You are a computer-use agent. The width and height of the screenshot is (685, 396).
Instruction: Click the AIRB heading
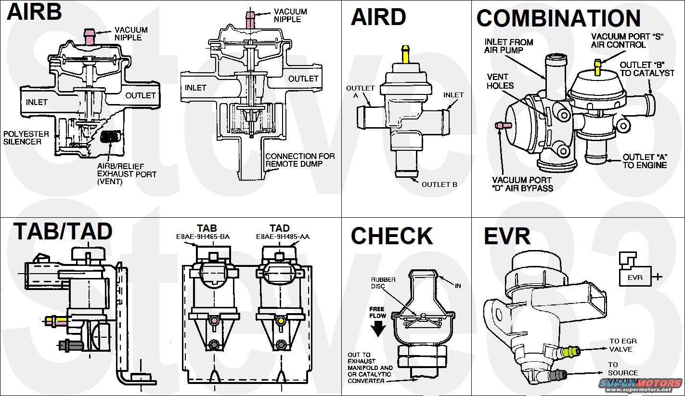tap(34, 12)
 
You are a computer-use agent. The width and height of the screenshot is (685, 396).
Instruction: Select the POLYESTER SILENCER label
tap(23, 137)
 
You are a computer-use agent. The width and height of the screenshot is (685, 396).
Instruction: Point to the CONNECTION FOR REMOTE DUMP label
tap(299, 160)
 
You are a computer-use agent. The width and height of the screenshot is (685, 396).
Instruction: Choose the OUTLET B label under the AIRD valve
tap(439, 184)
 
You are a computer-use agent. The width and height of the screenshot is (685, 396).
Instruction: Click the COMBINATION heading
tap(558, 18)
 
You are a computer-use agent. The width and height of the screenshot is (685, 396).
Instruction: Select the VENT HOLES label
tap(500, 81)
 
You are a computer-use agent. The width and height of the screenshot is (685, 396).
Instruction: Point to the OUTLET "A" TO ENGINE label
tap(645, 161)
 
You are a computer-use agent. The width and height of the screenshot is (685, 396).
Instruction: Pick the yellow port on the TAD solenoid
tap(279, 320)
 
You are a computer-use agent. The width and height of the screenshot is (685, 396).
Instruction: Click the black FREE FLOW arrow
tap(378, 329)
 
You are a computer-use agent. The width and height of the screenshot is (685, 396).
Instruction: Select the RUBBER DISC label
tap(383, 283)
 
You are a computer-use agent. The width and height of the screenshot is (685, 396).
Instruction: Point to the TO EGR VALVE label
tap(620, 345)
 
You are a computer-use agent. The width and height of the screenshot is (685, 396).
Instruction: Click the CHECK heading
tap(391, 236)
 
